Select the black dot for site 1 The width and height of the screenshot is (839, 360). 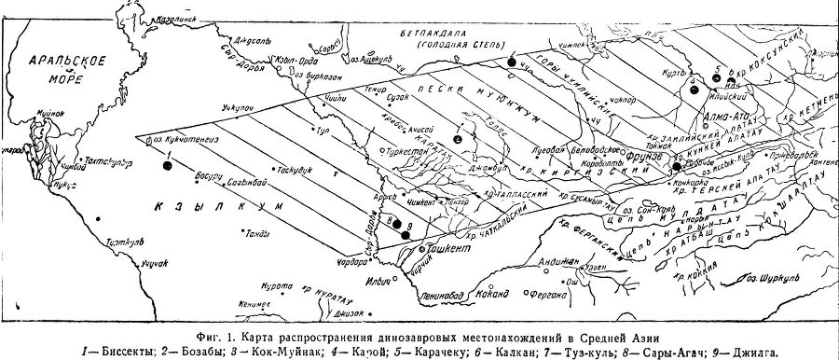[x=167, y=165]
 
